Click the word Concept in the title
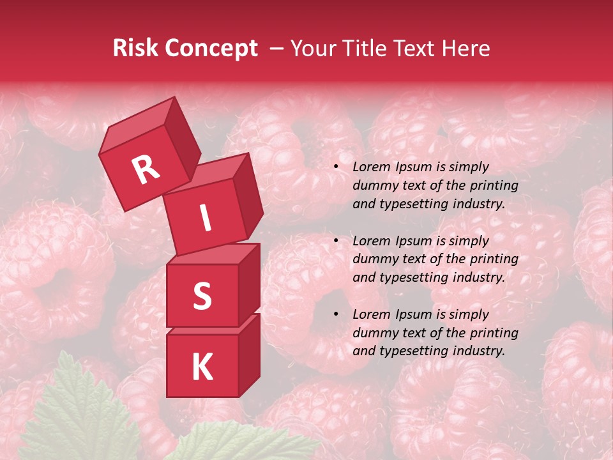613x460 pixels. pos(211,49)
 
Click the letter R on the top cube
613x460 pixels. pos(146,170)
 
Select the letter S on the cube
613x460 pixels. pos(202,296)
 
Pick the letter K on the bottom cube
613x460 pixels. pos(202,367)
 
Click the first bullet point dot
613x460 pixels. pos(337,167)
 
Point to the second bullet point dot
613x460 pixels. pos(337,241)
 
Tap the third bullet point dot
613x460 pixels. pos(337,314)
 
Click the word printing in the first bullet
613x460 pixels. pos(495,186)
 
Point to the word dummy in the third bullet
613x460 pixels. pos(373,333)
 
